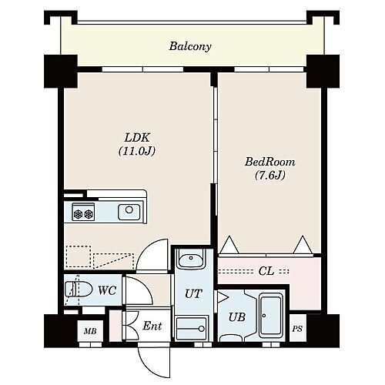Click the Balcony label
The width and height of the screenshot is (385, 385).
point(190,46)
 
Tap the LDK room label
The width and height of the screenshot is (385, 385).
point(137,138)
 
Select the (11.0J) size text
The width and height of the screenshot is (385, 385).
point(137,151)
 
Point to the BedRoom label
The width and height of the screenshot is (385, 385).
point(269,162)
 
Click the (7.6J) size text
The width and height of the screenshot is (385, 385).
point(270,176)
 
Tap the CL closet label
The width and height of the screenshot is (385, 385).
point(266,271)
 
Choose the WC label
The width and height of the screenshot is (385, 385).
point(107,290)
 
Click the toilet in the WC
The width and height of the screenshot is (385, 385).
point(79,290)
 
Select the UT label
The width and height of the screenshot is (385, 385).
point(193,294)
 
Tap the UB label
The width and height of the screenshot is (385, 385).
point(236,317)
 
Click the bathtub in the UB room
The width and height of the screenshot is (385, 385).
point(271,316)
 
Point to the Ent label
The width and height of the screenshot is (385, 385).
point(152,326)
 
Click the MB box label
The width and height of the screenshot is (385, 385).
point(90,331)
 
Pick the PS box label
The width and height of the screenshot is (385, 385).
point(297,329)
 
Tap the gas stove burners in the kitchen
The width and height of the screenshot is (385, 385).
point(83,212)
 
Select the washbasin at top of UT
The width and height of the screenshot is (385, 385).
point(191,259)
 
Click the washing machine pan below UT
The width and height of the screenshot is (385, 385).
point(191,328)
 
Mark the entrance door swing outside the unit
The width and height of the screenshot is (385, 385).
point(154,362)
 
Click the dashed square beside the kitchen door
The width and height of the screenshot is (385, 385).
point(79,256)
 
